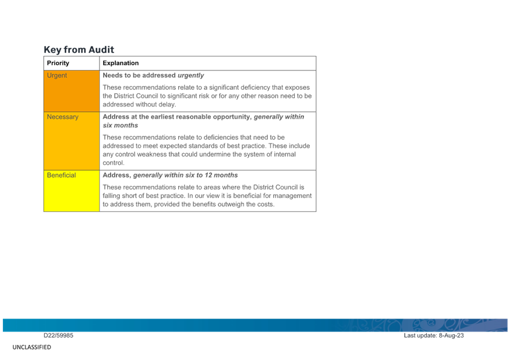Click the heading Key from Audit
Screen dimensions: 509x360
pos(79,50)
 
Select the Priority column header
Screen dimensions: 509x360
pos(58,63)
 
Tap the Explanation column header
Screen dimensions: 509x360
pos(121,63)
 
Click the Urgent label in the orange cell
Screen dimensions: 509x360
pos(57,75)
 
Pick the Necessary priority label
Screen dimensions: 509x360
pos(63,117)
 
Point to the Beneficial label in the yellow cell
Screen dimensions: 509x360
pos(61,175)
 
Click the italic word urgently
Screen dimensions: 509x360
pos(191,75)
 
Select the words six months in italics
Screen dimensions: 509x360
pos(121,125)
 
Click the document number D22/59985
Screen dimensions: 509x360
pos(58,336)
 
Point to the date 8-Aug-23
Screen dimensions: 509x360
pos(451,336)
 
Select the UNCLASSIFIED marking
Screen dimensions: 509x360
pos(32,347)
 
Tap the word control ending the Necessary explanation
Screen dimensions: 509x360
pos(114,163)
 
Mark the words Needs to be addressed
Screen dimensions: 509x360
pos(139,75)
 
